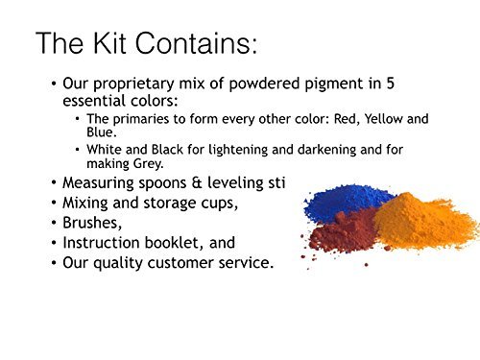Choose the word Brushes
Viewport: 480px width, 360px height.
pos(90,222)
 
